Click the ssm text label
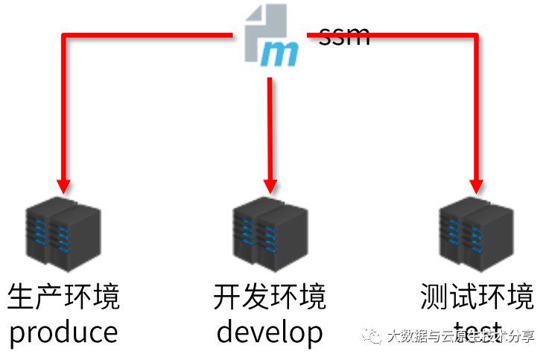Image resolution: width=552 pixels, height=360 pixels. [344, 35]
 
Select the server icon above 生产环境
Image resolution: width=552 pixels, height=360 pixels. [63, 230]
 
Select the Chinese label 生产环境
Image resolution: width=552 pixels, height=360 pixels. [63, 297]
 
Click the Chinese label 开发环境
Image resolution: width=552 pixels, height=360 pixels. [269, 297]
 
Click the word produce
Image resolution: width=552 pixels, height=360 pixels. [63, 332]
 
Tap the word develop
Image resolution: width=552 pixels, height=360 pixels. [269, 332]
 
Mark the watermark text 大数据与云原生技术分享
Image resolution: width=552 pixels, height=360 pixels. [460, 337]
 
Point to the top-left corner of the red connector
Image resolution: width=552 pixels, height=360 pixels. [63, 34]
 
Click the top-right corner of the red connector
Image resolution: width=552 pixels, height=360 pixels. [475, 34]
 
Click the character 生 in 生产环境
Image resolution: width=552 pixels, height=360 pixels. [21, 297]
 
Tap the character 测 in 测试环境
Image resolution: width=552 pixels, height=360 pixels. [434, 297]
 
